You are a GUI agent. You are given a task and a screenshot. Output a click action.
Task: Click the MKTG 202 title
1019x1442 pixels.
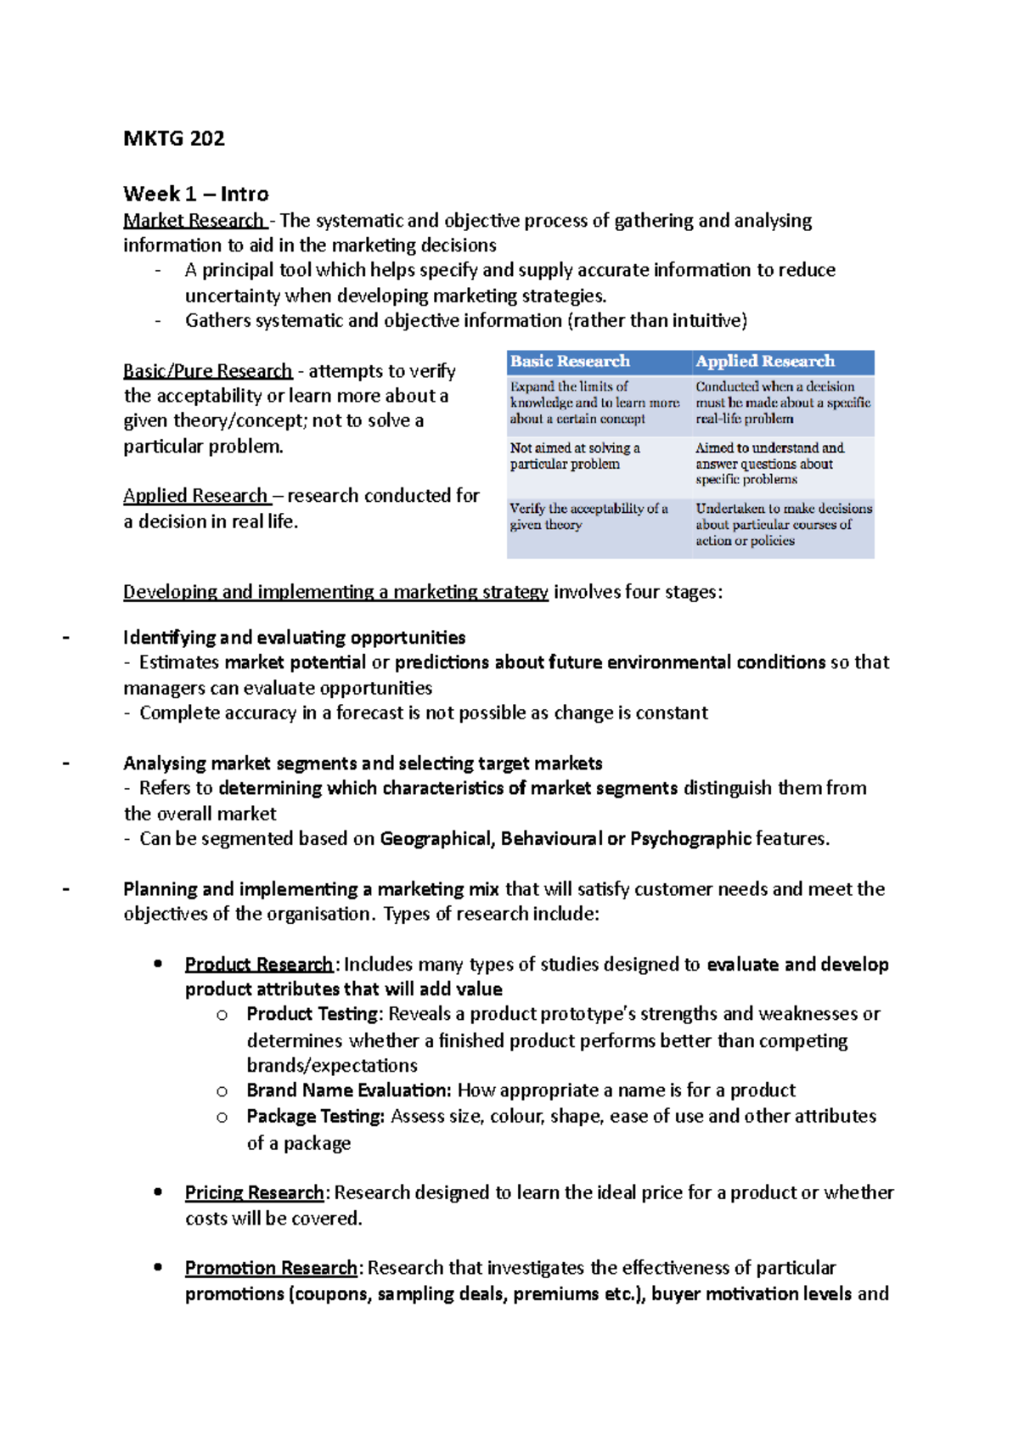tap(174, 138)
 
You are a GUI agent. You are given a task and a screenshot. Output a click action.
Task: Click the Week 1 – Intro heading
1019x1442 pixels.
tap(195, 194)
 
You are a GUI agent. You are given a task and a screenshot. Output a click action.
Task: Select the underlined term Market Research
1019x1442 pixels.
tap(194, 221)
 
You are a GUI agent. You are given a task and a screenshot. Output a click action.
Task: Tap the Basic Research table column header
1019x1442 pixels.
tap(570, 362)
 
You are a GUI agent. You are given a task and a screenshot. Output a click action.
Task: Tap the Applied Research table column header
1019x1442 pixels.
tap(765, 362)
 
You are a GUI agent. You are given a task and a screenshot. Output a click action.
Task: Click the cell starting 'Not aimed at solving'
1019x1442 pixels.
tap(575, 456)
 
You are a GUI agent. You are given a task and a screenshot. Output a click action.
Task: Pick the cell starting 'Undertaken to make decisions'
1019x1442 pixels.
tap(783, 524)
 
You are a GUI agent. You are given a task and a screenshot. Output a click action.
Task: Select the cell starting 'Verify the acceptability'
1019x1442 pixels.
tap(588, 516)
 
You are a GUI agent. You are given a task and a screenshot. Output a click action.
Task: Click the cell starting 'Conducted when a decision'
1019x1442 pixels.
tap(782, 403)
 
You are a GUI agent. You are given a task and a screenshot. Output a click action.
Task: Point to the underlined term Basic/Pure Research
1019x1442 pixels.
tap(207, 371)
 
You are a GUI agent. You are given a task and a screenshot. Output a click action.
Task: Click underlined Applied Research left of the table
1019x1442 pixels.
tap(195, 496)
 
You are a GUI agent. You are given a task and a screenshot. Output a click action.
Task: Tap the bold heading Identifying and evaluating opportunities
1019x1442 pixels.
tap(294, 638)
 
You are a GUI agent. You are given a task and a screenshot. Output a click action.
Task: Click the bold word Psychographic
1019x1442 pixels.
tap(690, 839)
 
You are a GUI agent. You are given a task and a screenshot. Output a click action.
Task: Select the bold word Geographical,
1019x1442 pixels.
tap(437, 839)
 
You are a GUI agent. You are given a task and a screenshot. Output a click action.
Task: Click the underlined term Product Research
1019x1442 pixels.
tap(258, 965)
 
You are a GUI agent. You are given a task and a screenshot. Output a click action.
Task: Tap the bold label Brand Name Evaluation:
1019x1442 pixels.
tap(349, 1090)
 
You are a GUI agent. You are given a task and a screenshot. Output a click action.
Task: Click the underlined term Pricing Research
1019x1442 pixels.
tap(254, 1193)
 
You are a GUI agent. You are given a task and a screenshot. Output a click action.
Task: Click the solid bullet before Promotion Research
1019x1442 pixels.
tap(158, 1267)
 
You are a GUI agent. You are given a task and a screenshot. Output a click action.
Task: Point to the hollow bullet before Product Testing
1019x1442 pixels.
tap(222, 1015)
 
